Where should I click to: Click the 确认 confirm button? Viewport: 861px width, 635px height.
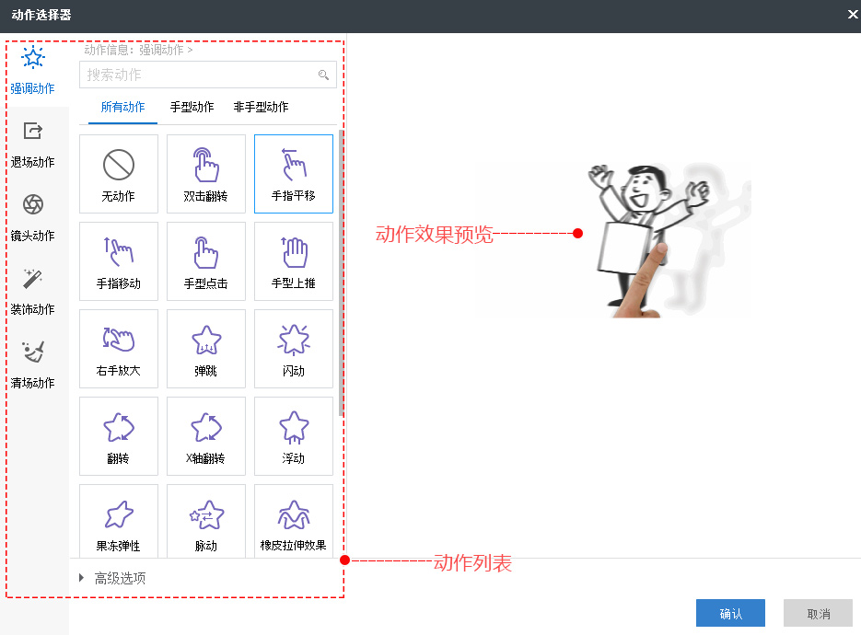click(730, 614)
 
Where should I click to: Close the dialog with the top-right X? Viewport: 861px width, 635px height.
click(852, 15)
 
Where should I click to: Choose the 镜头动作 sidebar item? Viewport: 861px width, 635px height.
click(32, 217)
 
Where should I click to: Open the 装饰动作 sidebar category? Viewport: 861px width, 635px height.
click(32, 291)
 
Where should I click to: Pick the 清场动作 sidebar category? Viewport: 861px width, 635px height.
click(32, 364)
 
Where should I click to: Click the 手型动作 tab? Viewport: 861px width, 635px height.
click(192, 107)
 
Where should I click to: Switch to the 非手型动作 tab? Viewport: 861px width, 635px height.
click(261, 107)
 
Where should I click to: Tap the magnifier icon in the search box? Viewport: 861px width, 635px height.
click(323, 75)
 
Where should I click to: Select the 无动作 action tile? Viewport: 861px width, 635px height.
click(119, 174)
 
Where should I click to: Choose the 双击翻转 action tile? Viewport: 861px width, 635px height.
click(206, 174)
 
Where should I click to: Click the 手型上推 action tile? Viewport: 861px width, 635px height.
click(294, 261)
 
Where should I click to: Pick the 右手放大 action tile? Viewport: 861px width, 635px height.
click(119, 349)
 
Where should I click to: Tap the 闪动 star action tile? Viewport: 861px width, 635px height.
click(294, 349)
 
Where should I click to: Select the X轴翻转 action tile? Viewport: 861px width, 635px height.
click(206, 436)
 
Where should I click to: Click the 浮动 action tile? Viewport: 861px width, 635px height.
click(294, 436)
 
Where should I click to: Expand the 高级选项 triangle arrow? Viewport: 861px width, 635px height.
click(82, 578)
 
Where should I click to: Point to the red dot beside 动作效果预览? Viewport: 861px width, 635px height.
click(577, 234)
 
